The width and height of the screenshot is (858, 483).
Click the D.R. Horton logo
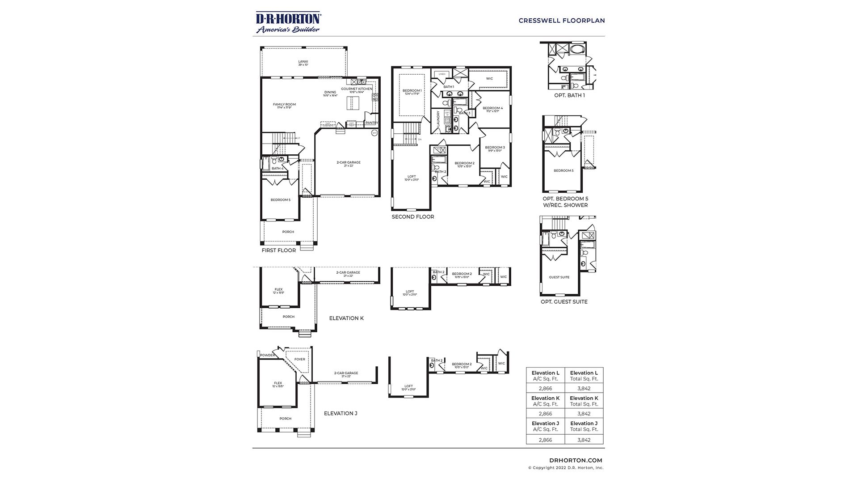point(288,22)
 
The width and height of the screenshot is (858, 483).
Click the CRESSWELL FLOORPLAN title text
point(562,21)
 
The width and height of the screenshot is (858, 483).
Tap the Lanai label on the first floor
point(303,62)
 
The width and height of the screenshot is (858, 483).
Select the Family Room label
point(284,105)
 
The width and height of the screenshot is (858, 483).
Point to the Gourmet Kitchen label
point(357,89)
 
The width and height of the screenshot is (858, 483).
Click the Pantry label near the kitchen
point(371,123)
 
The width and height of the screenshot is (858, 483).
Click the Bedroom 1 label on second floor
point(412,91)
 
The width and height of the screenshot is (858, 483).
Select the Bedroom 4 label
point(492,108)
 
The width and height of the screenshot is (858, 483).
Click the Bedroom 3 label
point(495,148)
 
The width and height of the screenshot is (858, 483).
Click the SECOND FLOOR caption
point(413,217)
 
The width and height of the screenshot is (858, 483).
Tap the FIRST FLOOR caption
point(279,250)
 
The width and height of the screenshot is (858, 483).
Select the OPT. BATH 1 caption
point(569,95)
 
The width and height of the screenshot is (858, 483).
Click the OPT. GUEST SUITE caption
point(564,302)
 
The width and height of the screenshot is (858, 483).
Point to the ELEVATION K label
point(346,318)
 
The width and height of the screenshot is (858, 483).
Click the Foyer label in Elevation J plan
point(299,359)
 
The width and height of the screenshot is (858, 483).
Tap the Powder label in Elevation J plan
point(268,356)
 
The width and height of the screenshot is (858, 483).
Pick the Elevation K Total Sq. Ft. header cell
point(584,401)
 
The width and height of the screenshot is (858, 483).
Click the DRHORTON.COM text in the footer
point(576,460)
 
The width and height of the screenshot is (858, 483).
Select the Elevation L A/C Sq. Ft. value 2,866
point(545,389)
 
